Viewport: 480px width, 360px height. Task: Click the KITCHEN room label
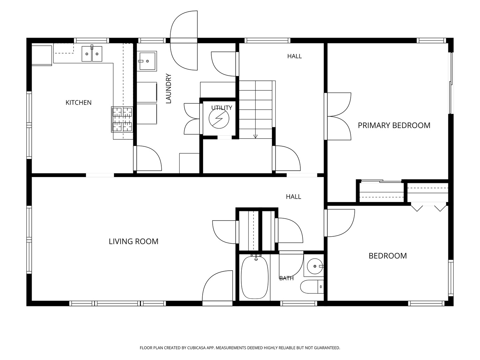79,103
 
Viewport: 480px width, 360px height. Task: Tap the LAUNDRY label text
168,88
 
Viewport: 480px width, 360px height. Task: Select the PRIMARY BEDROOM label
394,125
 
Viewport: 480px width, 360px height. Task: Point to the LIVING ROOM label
134,241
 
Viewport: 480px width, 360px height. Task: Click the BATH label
286,278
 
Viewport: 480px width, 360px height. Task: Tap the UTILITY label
222,108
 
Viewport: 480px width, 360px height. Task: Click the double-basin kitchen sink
92,54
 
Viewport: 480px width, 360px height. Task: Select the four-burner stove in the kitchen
122,119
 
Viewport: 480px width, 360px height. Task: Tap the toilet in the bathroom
312,287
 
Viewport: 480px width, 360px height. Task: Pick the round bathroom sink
315,266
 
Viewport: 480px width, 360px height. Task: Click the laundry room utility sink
147,61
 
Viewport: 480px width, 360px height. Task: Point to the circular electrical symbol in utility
219,118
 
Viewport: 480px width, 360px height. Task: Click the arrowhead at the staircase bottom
255,137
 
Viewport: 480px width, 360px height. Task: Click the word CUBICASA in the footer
196,348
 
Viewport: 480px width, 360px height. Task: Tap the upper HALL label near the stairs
295,56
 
